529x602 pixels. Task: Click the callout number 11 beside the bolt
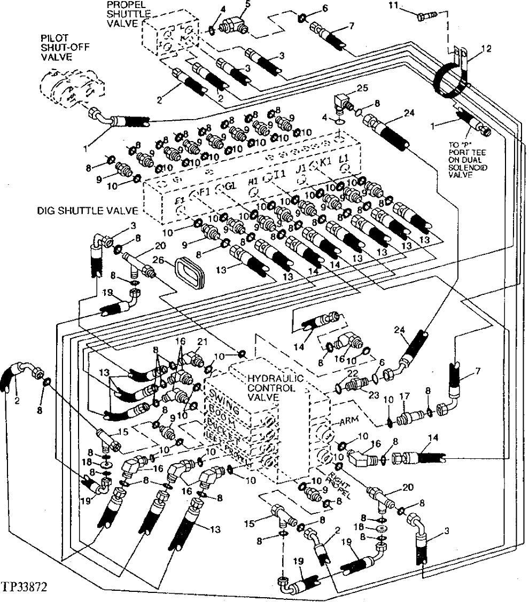(x=408, y=6)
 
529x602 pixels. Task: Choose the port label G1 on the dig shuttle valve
(x=231, y=186)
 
